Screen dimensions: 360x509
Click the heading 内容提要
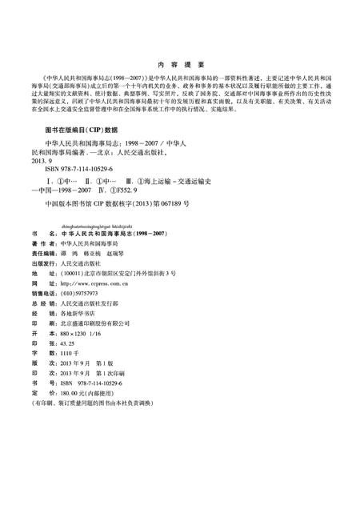[x=180, y=66]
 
